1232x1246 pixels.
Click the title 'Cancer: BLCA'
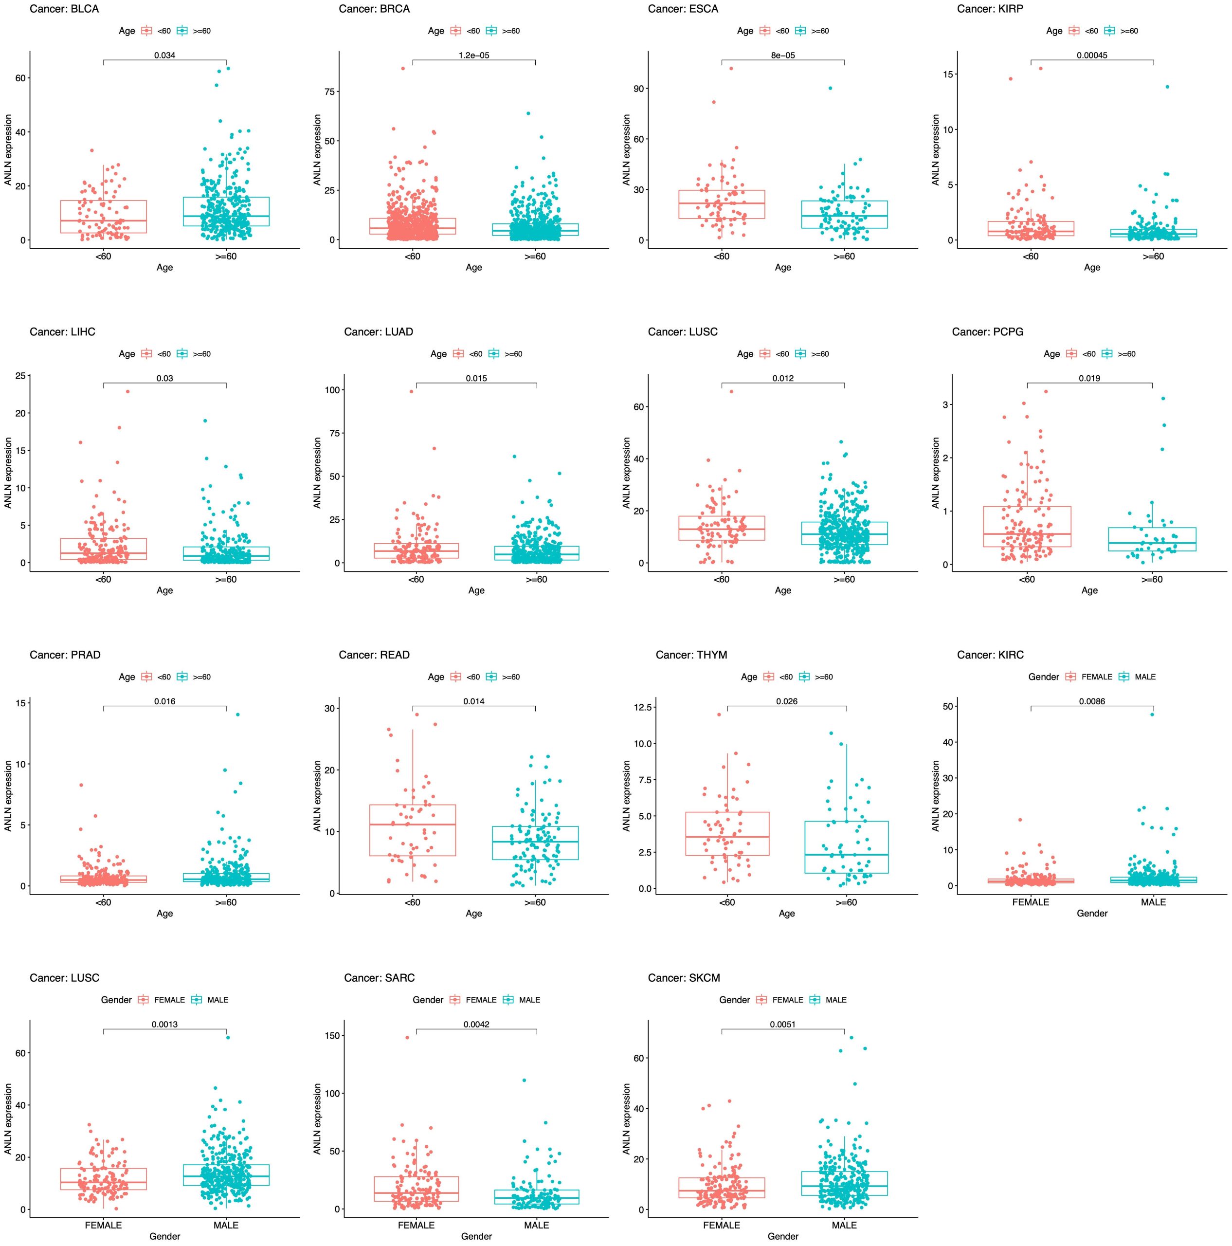[64, 9]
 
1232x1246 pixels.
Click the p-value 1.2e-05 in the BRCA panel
[473, 55]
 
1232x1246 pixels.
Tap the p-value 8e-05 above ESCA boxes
[783, 55]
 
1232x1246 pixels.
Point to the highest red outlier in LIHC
[127, 391]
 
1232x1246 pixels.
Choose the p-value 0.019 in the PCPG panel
[1089, 379]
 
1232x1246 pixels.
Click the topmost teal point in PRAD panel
[238, 715]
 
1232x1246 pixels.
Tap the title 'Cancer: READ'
[374, 655]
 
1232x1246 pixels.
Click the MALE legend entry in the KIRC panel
[1145, 677]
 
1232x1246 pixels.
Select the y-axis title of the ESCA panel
[627, 149]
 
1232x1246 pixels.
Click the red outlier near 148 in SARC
[407, 1038]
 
